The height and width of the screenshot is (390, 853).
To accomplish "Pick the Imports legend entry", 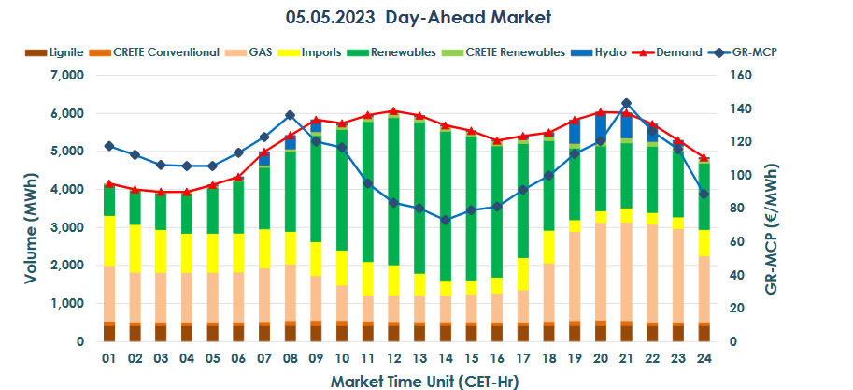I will click(320, 52).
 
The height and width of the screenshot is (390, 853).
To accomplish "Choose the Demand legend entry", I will click(679, 52).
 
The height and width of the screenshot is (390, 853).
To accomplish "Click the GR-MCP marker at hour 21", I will click(625, 103).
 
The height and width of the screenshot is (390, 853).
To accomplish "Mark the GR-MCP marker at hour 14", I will click(445, 220).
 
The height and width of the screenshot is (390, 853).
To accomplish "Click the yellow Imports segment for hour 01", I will click(109, 241).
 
